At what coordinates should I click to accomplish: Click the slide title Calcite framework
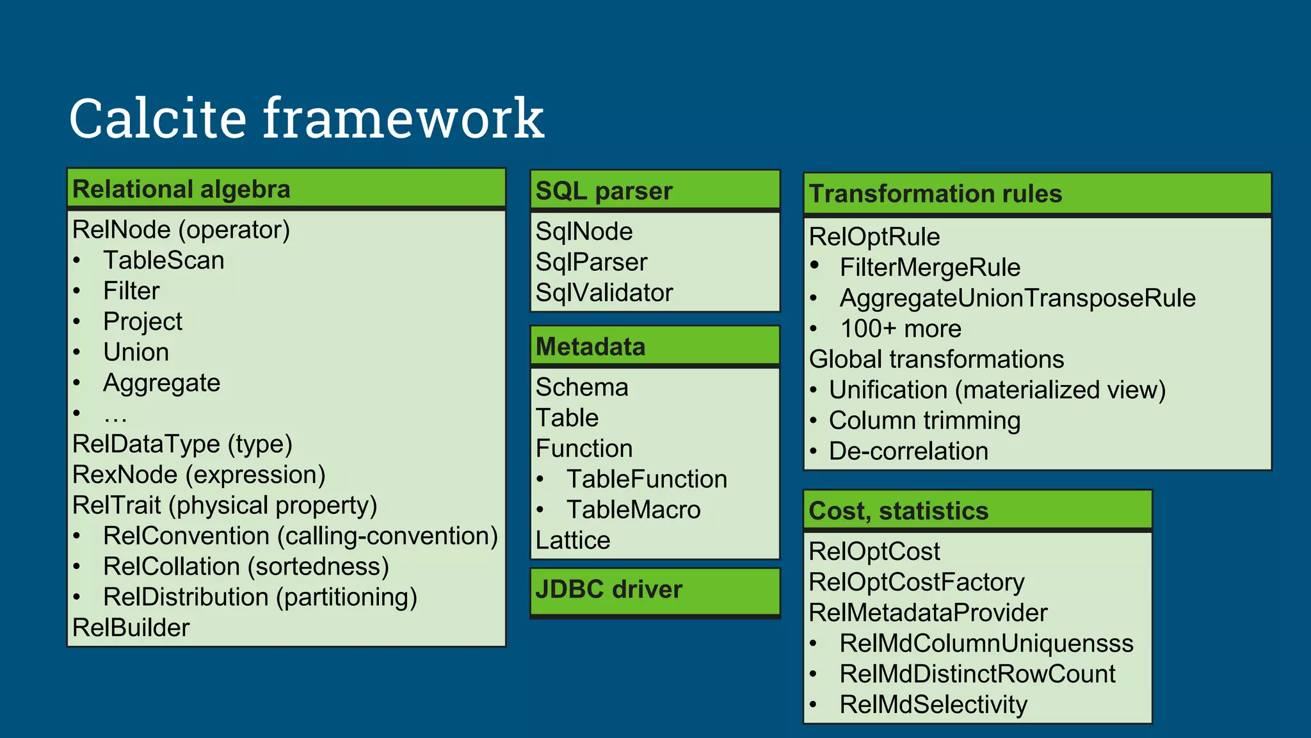pos(306,119)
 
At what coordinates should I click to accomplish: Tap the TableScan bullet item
pos(164,261)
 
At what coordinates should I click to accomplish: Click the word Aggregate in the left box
pos(161,383)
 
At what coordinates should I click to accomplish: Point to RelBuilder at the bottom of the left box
pos(131,628)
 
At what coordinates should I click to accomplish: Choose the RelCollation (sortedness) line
pos(246,567)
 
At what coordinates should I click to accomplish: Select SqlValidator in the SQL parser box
pos(604,293)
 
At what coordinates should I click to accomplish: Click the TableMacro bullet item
pos(633,510)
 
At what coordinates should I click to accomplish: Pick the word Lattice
pos(572,541)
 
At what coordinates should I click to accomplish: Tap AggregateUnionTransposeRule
pos(1017,299)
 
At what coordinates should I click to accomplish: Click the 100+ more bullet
pos(900,329)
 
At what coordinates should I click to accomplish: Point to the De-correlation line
pos(908,452)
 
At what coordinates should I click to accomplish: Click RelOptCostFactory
pos(916,582)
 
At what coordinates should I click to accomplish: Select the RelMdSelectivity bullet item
pos(933,705)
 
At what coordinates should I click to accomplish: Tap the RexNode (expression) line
pos(198,475)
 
